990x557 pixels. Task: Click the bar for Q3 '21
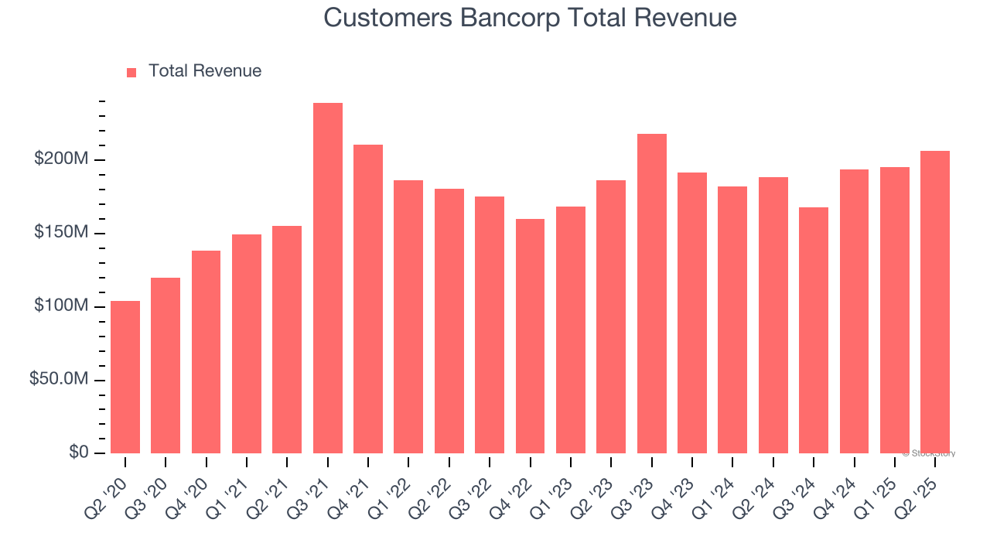tap(327, 278)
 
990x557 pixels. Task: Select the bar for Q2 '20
tap(125, 377)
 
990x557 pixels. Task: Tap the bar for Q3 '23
tap(651, 294)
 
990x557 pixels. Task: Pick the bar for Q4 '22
tap(530, 337)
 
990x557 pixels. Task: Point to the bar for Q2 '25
tap(935, 302)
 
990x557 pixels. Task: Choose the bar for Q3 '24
tap(814, 330)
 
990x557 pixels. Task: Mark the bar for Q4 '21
tap(368, 299)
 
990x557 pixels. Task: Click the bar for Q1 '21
tap(247, 344)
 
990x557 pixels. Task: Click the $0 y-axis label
tap(77, 453)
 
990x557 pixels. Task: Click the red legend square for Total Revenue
tap(131, 72)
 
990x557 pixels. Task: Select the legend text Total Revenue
tap(205, 71)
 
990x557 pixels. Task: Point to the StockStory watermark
tap(929, 453)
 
